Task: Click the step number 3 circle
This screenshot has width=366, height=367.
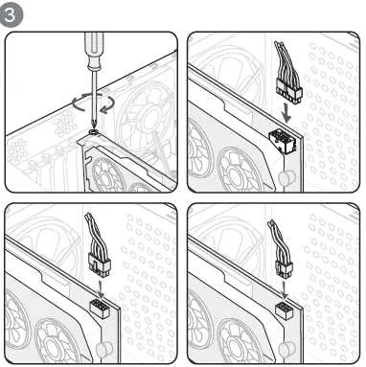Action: [x=11, y=15]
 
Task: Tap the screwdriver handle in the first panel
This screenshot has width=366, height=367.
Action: [x=93, y=51]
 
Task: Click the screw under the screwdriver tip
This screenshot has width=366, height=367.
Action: [x=94, y=131]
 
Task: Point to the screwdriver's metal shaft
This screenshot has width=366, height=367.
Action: [x=94, y=99]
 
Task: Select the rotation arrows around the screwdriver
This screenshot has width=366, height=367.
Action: [x=93, y=103]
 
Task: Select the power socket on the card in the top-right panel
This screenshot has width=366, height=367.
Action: [x=282, y=141]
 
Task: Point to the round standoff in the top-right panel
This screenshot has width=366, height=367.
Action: [x=286, y=176]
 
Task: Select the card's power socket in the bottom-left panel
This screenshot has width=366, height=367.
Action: [x=100, y=310]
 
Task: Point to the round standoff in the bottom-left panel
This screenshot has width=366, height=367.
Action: [x=103, y=349]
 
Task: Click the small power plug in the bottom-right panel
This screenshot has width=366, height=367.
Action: [x=284, y=268]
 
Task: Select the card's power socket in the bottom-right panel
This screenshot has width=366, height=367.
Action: [x=285, y=310]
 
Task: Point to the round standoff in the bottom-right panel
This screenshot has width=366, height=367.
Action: [x=286, y=349]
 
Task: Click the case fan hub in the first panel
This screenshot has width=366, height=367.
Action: [x=148, y=118]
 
